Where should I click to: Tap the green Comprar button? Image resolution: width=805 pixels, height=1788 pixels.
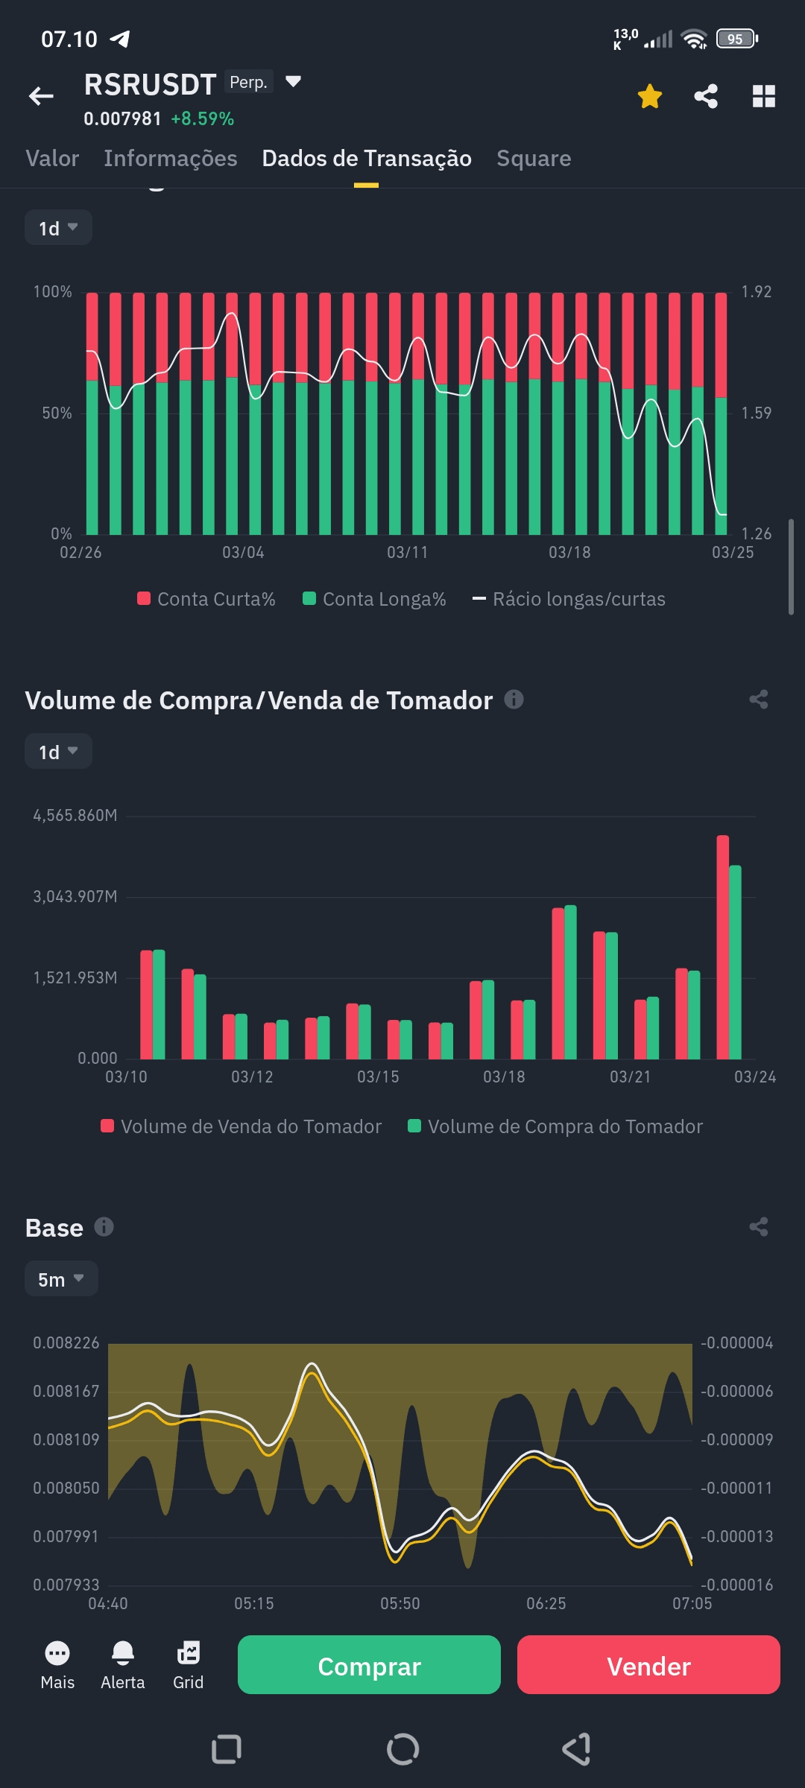click(x=369, y=1666)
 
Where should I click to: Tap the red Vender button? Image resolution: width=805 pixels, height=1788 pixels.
click(x=648, y=1666)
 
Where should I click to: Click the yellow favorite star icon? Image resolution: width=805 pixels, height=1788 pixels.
click(x=650, y=96)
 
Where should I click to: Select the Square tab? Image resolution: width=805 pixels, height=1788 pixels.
click(x=534, y=159)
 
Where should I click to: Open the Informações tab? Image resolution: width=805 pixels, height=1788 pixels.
click(x=170, y=159)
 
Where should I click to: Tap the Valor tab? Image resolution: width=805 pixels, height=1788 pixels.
click(x=52, y=159)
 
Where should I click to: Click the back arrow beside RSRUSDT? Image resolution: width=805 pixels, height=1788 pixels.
click(x=41, y=96)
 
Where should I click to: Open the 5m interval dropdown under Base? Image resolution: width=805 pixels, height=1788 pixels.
click(x=61, y=1279)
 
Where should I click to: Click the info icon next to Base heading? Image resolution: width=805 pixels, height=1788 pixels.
click(x=104, y=1227)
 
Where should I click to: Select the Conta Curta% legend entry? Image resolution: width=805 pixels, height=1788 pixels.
click(x=206, y=599)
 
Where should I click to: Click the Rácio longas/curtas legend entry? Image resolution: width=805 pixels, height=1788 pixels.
click(x=569, y=599)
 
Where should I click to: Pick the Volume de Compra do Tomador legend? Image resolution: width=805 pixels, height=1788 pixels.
click(x=555, y=1126)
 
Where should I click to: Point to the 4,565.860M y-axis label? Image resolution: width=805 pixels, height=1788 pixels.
click(x=75, y=816)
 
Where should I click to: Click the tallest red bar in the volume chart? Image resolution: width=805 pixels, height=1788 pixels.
click(x=722, y=946)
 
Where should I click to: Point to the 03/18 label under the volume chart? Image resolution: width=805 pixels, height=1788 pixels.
click(x=504, y=1077)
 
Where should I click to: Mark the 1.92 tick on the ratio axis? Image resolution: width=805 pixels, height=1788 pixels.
click(x=756, y=292)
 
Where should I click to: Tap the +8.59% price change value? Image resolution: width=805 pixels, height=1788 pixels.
click(x=202, y=119)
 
